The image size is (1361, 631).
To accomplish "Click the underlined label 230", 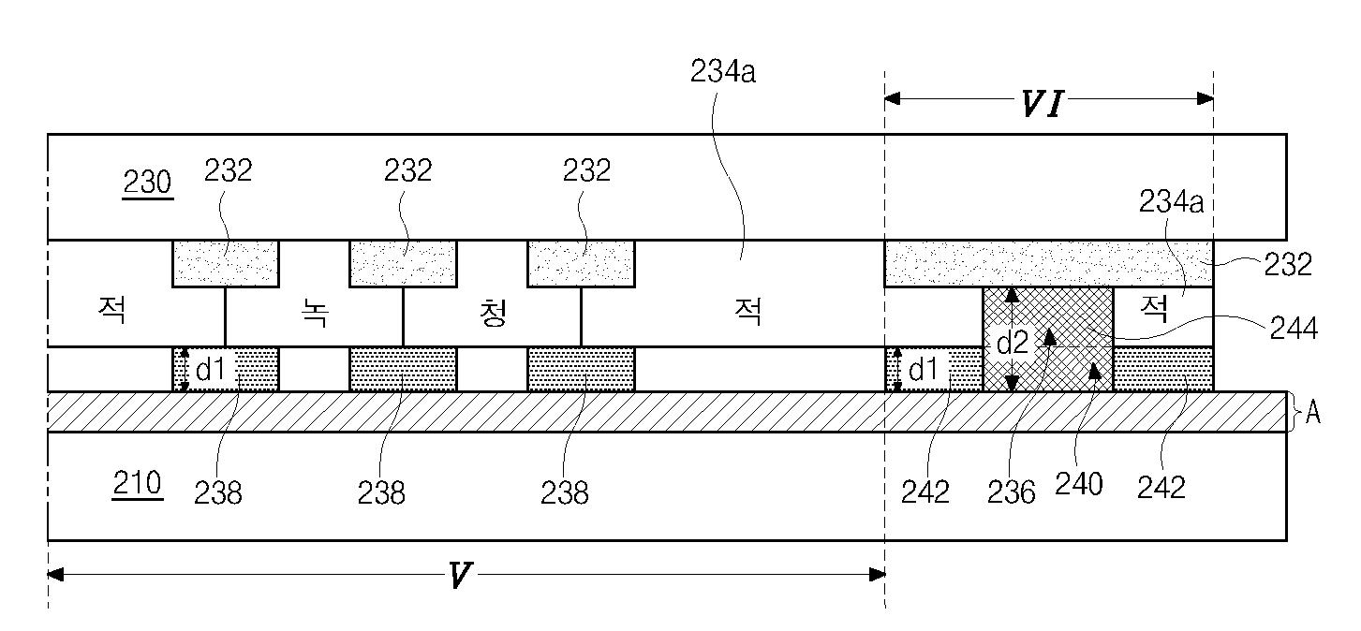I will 148,183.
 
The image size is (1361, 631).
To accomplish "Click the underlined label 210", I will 137,484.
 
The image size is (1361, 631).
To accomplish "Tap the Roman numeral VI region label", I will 1042,105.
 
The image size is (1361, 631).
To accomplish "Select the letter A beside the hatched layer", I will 1313,413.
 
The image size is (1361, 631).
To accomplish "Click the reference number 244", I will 1294,329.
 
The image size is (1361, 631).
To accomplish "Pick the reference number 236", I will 1012,492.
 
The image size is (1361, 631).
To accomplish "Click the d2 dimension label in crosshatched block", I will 1012,344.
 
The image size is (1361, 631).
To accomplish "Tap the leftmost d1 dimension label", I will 215,371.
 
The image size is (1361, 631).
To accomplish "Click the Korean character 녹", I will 315,314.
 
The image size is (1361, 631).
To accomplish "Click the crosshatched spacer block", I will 1047,339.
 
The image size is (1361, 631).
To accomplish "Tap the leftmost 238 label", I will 218,492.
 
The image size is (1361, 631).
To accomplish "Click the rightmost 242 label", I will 1161,487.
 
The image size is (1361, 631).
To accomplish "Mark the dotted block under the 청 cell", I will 581,369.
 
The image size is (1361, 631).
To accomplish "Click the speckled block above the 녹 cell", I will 403,263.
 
